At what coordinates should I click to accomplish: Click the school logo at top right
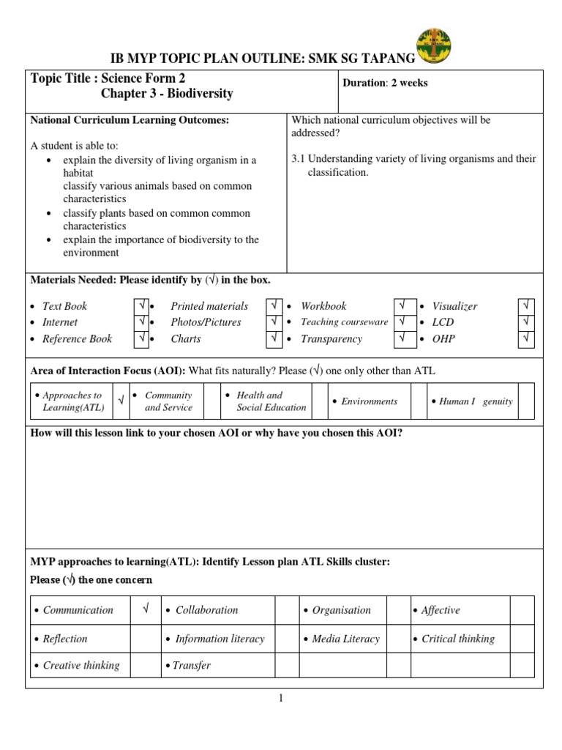pos(432,47)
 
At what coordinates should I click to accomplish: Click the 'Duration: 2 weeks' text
pos(385,83)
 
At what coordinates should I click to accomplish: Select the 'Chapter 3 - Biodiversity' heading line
pos(167,94)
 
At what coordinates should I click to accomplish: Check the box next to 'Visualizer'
pos(526,306)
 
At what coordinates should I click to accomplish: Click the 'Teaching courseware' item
pos(344,322)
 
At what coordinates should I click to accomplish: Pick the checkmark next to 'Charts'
pos(274,338)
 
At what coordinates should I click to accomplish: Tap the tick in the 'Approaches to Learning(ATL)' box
pos(121,401)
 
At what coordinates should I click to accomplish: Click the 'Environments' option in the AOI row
pos(369,401)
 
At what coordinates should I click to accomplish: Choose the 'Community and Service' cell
pos(168,401)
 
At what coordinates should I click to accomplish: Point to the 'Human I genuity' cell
pos(476,401)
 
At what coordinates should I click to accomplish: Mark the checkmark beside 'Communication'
pos(145,609)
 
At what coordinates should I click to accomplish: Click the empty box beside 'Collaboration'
pos(285,609)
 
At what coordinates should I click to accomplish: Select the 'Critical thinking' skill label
pos(457,639)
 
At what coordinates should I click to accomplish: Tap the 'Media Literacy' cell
pos(345,639)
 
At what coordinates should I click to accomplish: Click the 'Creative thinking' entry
pos(80,665)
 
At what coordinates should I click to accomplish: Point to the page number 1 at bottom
pos(280,698)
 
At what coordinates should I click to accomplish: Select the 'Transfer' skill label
pos(191,665)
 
